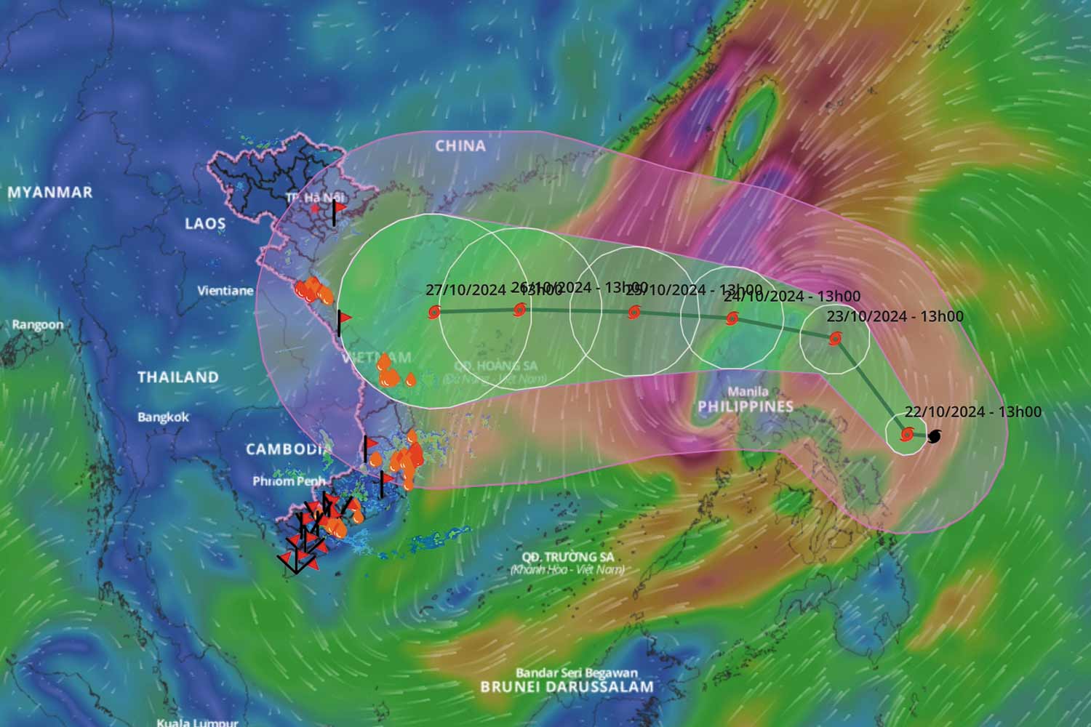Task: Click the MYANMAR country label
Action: click(50, 193)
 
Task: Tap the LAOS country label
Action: click(205, 223)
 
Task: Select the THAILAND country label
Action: click(178, 377)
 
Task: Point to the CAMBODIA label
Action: click(284, 449)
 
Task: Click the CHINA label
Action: click(460, 146)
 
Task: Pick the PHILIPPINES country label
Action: click(746, 406)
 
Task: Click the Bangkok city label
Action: click(163, 417)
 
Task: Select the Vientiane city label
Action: click(225, 291)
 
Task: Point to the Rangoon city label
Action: click(37, 325)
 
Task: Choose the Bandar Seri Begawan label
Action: click(577, 673)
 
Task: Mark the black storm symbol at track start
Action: click(935, 436)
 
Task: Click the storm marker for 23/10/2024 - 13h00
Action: click(835, 339)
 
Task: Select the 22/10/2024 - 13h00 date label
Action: click(973, 412)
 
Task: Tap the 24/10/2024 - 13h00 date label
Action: click(792, 297)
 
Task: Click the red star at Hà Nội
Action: click(314, 209)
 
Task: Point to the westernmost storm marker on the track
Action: click(434, 312)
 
